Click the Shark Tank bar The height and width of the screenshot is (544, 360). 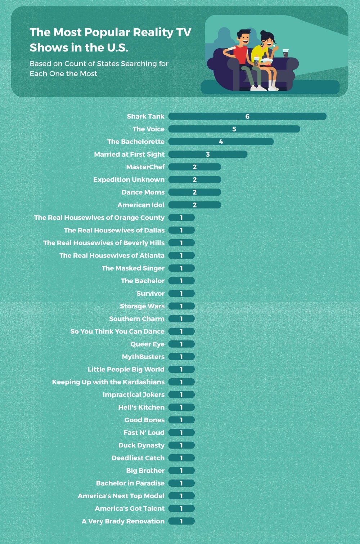247,116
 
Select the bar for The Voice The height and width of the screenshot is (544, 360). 234,129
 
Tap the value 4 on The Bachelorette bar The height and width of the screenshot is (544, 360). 221,142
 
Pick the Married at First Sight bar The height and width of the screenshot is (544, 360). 208,154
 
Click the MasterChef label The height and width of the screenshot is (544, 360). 145,167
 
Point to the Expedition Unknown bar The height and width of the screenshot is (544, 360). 194,180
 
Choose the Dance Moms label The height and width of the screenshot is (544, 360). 143,192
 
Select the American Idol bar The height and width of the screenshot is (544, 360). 194,205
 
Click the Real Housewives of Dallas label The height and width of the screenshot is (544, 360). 114,230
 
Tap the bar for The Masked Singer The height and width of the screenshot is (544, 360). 181,268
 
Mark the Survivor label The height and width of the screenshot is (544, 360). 150,294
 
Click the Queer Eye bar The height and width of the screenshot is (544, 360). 181,344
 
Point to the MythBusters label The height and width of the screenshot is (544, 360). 143,357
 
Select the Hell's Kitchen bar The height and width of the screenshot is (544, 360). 181,407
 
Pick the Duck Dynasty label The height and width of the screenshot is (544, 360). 141,445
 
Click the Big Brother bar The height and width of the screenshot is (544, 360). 181,471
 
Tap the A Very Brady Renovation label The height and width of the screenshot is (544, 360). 123,521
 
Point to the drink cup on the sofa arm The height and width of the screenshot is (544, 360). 285,53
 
